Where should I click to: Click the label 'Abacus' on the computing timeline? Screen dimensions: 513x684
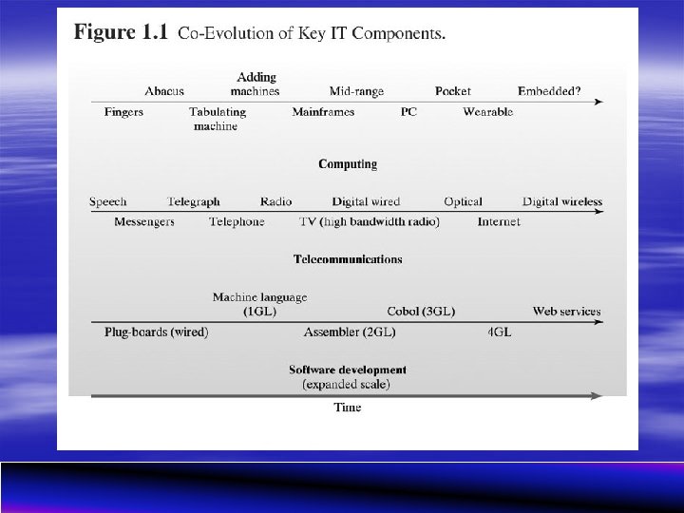164,91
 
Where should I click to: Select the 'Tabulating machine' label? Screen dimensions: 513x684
217,119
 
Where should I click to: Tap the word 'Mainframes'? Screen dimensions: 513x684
323,112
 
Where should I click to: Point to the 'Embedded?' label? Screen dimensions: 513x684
549,91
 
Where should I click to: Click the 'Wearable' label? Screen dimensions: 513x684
487,112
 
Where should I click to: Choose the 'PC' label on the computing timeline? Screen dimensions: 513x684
408,112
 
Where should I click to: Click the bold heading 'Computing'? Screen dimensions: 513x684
348,164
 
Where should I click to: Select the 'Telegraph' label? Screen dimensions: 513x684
193,201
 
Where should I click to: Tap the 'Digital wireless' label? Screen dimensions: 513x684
562,201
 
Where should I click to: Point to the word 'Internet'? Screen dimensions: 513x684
499,222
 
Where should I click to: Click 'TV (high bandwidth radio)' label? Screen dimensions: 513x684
370,222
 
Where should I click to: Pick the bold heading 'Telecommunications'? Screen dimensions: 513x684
348,259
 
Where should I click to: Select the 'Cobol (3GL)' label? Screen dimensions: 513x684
421,312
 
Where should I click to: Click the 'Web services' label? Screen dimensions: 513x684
566,312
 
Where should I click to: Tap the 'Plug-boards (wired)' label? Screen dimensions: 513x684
156,332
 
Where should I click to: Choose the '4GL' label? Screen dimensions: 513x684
499,332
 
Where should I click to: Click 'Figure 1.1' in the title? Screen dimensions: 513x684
122,33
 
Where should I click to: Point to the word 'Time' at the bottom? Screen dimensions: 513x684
348,408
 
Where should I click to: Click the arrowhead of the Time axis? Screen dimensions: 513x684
598,395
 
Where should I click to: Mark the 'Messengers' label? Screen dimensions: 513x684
144,222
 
